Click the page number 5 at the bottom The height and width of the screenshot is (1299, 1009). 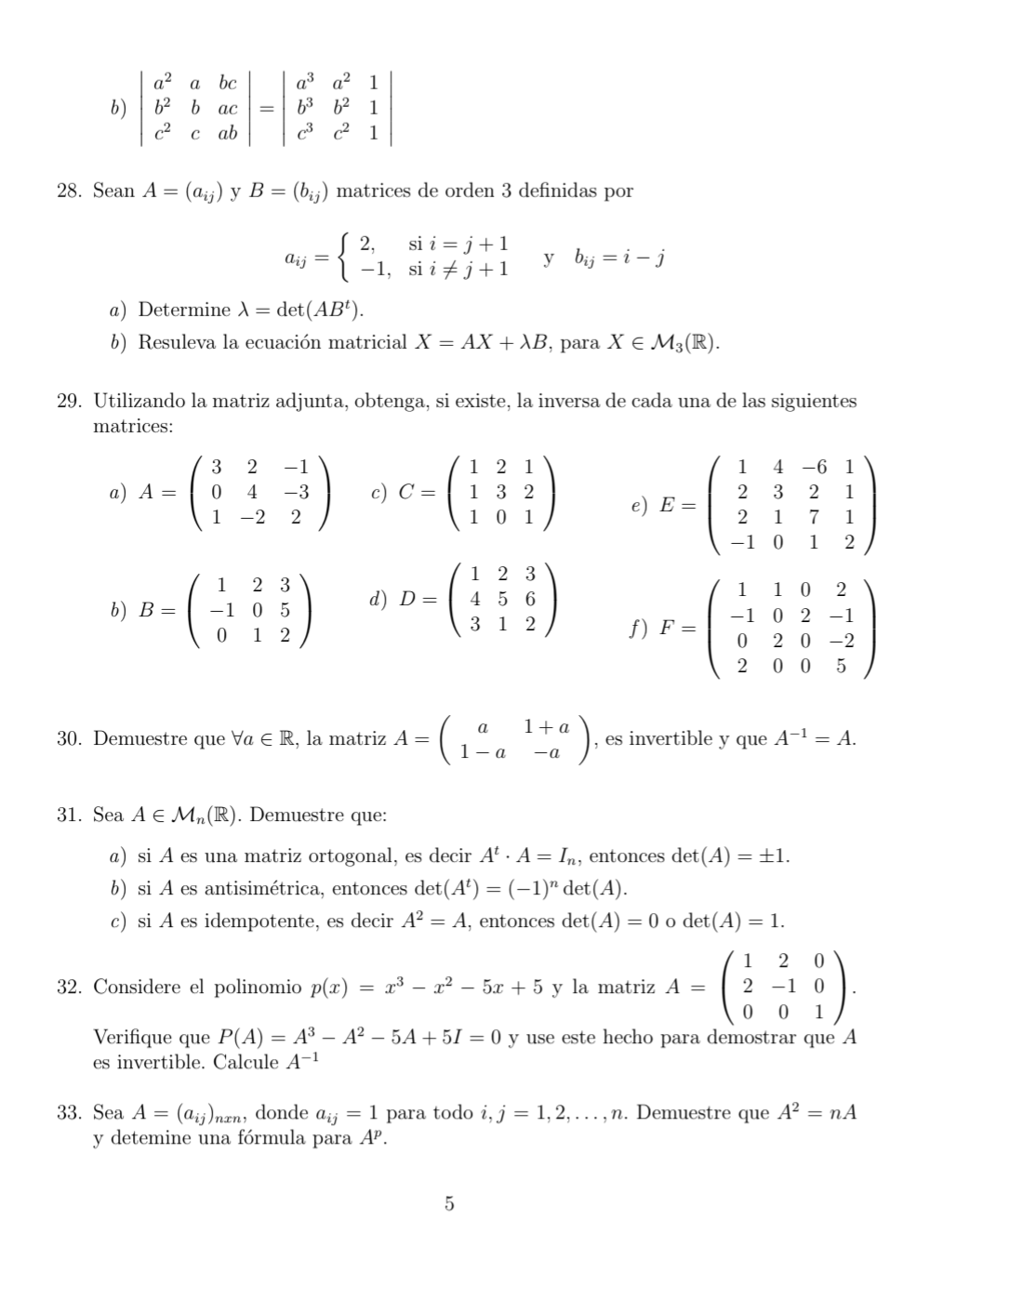point(449,1204)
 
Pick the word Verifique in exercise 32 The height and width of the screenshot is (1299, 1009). point(132,1038)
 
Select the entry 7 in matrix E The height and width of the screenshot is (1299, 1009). point(814,517)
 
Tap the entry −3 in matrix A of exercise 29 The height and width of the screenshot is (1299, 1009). point(295,492)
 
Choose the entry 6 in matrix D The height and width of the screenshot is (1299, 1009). point(530,600)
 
